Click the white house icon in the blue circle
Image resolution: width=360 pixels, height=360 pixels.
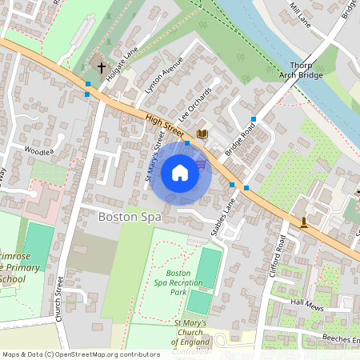click(180, 173)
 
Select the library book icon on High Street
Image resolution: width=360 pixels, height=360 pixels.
click(202, 134)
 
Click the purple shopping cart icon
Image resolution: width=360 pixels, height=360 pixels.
click(201, 163)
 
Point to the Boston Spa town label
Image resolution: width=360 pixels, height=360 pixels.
click(130, 217)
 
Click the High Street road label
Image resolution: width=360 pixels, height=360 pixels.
click(164, 123)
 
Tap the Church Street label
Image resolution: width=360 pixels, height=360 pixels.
click(59, 299)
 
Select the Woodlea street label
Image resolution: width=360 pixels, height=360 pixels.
click(38, 150)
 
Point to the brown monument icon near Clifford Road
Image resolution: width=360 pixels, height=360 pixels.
click(304, 221)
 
